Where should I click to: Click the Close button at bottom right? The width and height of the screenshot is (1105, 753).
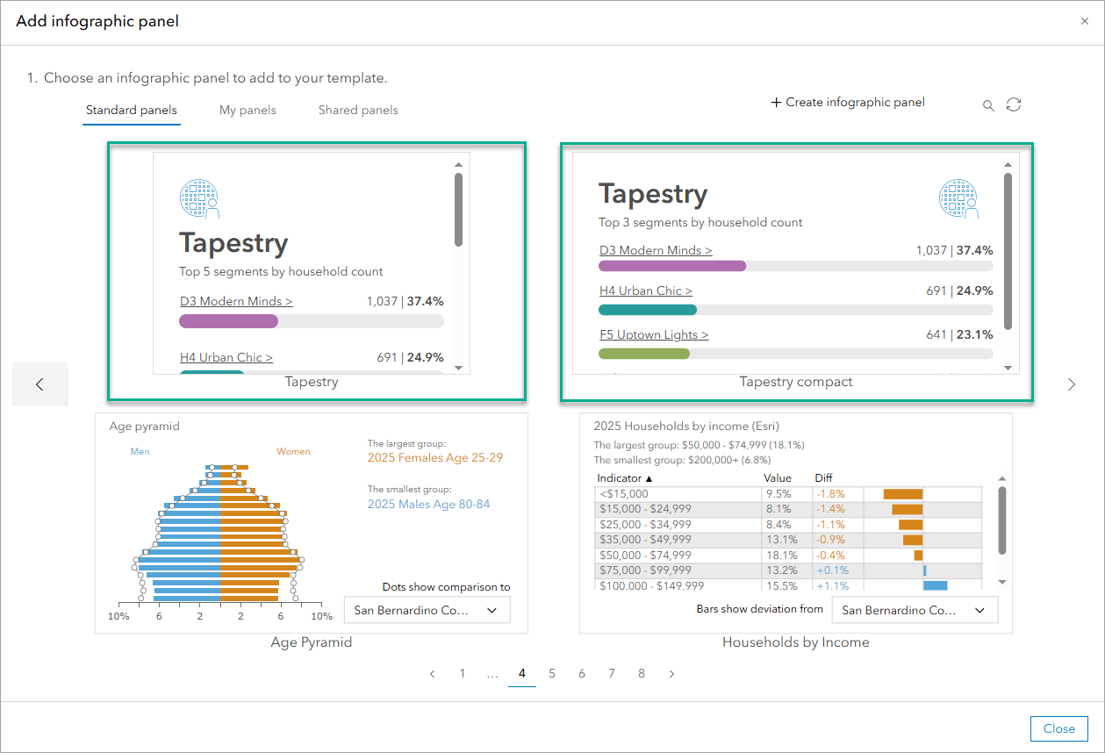tap(1058, 728)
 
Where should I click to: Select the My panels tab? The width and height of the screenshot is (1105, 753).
tap(248, 111)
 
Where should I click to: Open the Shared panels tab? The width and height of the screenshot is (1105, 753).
tap(358, 111)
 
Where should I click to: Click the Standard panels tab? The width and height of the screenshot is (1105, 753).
tap(132, 111)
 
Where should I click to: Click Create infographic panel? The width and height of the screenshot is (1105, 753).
tap(848, 103)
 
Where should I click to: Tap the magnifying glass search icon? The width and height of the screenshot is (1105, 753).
tap(988, 106)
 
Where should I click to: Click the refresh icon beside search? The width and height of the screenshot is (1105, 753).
tap(1014, 105)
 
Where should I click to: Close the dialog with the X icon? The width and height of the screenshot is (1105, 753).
tap(1085, 21)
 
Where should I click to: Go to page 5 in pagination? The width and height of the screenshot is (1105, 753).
tap(552, 674)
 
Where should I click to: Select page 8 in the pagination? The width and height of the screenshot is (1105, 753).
tap(642, 674)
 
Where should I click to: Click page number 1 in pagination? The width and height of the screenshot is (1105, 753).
tap(463, 674)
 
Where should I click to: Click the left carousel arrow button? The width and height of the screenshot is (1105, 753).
tap(39, 384)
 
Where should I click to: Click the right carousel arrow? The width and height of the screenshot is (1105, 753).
tap(1071, 384)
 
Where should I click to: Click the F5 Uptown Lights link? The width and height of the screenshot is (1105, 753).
tap(654, 335)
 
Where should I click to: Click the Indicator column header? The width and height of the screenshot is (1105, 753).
tap(625, 478)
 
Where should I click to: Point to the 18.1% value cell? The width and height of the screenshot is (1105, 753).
tap(780, 556)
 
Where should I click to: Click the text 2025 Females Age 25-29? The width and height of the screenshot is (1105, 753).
tap(434, 458)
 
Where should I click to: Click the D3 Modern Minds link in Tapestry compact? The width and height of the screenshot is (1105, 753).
tap(656, 251)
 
